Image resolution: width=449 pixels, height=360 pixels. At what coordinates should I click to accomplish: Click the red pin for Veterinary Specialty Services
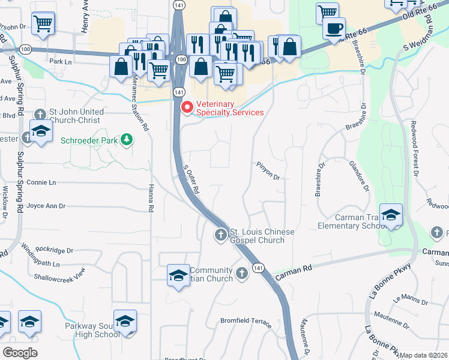(187, 107)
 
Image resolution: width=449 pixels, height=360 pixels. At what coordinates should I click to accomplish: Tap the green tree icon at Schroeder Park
(126, 140)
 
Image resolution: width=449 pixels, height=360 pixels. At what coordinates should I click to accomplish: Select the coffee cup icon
(333, 28)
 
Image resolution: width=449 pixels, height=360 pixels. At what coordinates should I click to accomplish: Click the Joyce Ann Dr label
(46, 206)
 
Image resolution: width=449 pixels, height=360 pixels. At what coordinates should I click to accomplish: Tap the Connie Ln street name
(41, 182)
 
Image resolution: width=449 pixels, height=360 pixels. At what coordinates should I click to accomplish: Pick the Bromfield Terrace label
(246, 321)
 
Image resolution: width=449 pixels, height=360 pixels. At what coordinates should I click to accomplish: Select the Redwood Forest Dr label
(414, 156)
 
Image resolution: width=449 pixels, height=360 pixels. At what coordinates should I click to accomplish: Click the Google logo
(20, 352)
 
